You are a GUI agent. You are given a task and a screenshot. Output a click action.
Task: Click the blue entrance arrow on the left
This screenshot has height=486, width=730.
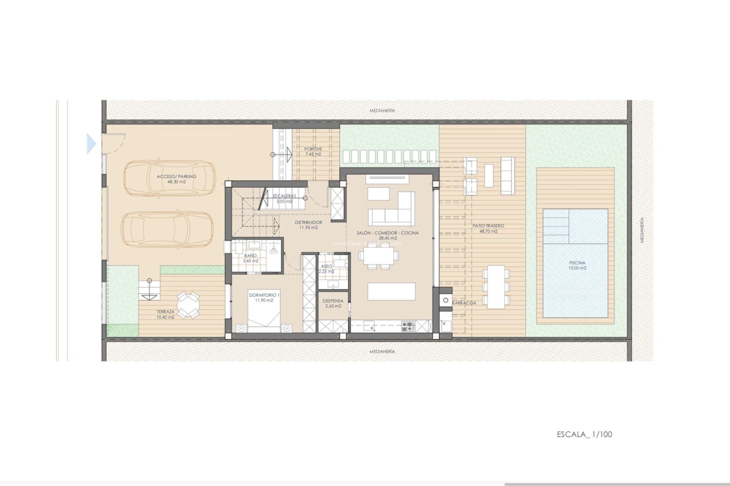(91, 144)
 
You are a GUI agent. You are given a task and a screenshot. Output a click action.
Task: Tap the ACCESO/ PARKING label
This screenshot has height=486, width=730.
(177, 179)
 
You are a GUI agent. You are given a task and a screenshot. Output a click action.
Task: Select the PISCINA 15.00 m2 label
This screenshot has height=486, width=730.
(577, 265)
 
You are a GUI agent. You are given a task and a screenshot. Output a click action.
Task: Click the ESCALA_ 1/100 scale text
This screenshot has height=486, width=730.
(584, 434)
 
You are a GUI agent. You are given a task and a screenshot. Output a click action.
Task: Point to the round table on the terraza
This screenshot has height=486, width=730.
(188, 304)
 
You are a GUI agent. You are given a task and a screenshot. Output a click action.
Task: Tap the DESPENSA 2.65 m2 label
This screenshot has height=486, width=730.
(333, 303)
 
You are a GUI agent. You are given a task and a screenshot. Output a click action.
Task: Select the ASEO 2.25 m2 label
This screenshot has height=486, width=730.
(326, 269)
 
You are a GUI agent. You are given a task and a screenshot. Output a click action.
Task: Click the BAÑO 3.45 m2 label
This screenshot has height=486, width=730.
(251, 258)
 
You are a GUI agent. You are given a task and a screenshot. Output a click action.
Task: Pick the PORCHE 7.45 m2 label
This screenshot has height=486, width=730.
(313, 151)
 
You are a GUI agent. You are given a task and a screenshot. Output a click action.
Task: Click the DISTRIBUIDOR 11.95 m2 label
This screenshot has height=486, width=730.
(308, 225)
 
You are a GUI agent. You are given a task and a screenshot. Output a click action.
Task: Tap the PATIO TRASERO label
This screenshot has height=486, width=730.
(488, 228)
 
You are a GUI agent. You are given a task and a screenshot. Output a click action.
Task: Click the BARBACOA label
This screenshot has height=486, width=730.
(464, 303)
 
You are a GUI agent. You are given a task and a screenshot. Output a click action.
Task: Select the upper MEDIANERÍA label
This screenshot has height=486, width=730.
(382, 110)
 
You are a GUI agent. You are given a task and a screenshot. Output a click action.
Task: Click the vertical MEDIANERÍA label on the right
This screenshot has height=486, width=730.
(642, 230)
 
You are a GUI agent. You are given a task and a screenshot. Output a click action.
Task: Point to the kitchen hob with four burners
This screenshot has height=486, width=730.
(408, 326)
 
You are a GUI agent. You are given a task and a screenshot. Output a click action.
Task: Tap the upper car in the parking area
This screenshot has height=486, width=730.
(169, 178)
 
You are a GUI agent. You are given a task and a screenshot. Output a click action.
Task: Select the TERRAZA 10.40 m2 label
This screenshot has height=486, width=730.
(165, 314)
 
